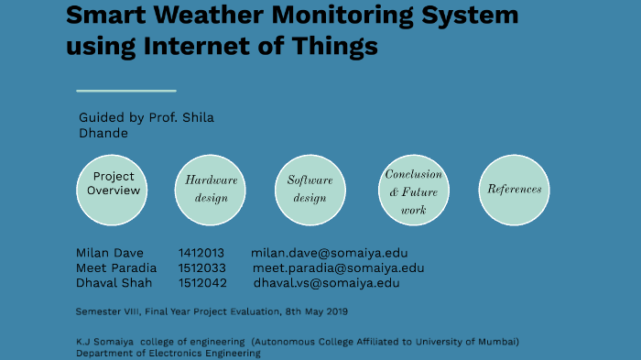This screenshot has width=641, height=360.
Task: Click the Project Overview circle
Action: pos(114,190)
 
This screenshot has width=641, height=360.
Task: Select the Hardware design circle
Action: pos(212,190)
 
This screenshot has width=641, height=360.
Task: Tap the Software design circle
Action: pos(310,190)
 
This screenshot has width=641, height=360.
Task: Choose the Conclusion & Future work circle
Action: pos(413,190)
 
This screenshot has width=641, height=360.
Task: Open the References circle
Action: pos(515,190)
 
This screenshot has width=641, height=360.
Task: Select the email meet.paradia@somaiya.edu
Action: pos(338,268)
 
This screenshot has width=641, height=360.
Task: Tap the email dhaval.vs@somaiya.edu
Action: pos(326,283)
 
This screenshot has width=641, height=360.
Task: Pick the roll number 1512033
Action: pos(201,268)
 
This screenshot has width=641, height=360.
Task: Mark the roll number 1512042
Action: pos(202,283)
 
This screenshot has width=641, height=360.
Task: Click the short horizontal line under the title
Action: pos(125,91)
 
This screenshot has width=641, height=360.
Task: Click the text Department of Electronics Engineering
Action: pos(168,354)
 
